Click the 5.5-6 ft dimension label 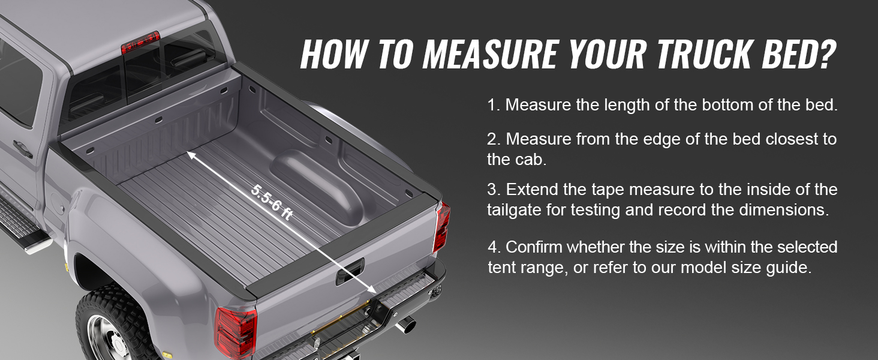point(272,202)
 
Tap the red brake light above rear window point(140,43)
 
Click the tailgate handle point(350,271)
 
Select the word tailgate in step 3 point(514,210)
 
